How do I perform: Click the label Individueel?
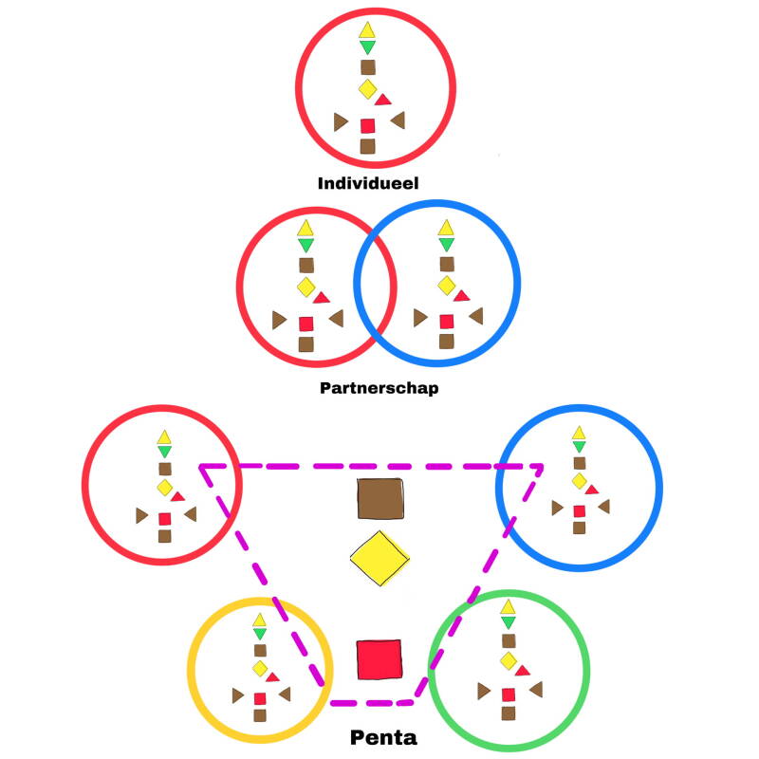(x=368, y=182)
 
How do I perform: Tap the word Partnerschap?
(x=379, y=387)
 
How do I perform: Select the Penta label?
(x=383, y=737)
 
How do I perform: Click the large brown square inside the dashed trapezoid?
(x=381, y=499)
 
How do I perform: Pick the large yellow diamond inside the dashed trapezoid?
(x=379, y=558)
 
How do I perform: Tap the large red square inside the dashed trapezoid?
(x=379, y=658)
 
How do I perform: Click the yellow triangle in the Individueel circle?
(x=367, y=29)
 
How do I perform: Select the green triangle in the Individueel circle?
(x=367, y=47)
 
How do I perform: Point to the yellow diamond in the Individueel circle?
(x=367, y=89)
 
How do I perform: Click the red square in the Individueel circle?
(x=368, y=125)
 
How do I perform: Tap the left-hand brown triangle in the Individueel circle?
(x=341, y=121)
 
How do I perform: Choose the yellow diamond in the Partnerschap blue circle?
(x=446, y=285)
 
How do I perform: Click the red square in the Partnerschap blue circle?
(x=446, y=322)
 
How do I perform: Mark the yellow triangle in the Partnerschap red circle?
(x=305, y=228)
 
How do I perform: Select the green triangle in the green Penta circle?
(x=508, y=622)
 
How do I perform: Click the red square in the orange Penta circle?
(x=260, y=698)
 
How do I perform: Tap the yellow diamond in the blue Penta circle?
(x=579, y=480)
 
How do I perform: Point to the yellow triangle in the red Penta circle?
(x=164, y=436)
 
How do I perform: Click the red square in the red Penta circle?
(x=164, y=518)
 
